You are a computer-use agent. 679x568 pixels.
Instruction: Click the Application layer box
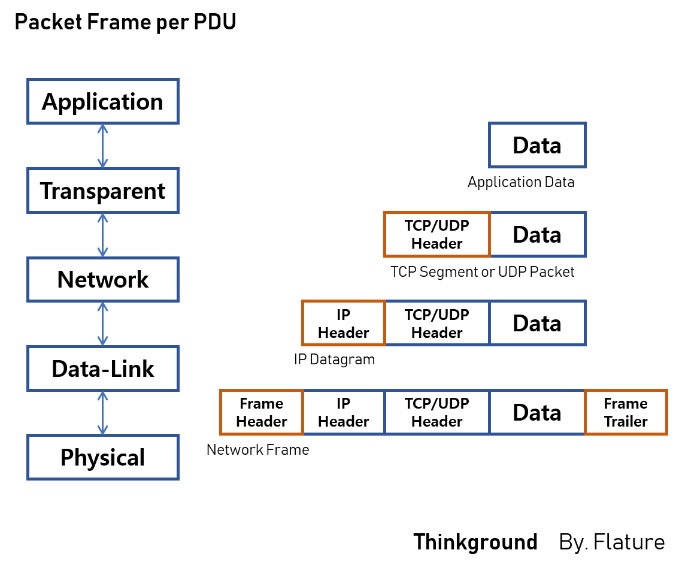point(102,101)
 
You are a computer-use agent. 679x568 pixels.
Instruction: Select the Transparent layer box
point(102,191)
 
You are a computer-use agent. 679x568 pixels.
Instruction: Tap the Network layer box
point(102,279)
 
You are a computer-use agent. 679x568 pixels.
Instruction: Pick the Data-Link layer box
point(102,368)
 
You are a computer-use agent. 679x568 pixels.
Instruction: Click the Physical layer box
point(102,457)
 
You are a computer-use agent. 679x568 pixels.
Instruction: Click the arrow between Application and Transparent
point(102,146)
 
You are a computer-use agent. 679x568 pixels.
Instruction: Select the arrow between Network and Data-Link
point(102,324)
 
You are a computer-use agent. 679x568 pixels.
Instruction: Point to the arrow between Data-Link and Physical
point(102,413)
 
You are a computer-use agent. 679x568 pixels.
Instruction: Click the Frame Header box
point(262,412)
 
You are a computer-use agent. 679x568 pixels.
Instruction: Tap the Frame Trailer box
point(626,412)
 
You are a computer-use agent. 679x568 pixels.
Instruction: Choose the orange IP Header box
point(344,324)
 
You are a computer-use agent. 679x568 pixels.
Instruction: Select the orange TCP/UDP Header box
point(437,234)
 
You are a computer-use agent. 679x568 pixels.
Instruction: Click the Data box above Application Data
point(537,145)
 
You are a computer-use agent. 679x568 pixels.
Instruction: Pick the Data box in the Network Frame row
point(537,412)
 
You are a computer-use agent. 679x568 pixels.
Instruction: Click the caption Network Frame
point(257,449)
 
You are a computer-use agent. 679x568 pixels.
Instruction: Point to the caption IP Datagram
point(334,359)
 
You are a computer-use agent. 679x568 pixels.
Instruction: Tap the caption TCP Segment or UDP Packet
point(482,272)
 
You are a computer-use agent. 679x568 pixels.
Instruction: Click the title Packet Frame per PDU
point(125,23)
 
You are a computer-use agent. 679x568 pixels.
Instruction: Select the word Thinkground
point(475,542)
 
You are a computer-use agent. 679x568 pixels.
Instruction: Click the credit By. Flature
point(611,542)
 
